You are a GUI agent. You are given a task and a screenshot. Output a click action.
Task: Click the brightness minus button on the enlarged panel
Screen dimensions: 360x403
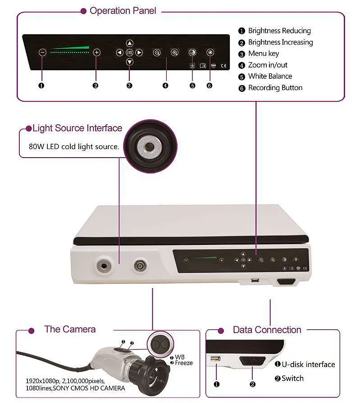(x=42, y=52)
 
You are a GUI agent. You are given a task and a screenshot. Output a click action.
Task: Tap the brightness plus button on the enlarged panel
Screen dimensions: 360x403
(x=96, y=52)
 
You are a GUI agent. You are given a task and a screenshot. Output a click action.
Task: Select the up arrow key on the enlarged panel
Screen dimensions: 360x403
(x=130, y=43)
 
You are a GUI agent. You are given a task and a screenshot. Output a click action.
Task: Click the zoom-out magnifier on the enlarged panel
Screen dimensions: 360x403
(x=157, y=53)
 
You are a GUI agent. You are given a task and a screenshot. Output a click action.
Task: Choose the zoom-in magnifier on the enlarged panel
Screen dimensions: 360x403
(x=175, y=53)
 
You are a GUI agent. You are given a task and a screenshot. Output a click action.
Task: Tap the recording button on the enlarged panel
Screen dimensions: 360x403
(x=210, y=52)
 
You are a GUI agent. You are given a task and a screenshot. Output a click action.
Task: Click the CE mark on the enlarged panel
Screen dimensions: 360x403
(x=224, y=66)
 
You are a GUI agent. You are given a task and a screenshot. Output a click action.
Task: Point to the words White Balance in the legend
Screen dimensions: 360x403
(x=270, y=77)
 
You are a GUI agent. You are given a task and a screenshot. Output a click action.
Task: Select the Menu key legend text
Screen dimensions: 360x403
(x=264, y=54)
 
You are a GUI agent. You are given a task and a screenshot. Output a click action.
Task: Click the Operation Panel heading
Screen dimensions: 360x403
(x=123, y=11)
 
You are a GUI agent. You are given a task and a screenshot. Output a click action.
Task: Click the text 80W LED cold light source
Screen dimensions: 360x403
(x=74, y=146)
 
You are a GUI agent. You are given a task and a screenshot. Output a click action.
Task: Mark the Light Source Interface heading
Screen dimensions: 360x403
(x=77, y=128)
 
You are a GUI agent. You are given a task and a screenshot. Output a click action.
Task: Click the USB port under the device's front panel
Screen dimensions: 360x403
(x=255, y=280)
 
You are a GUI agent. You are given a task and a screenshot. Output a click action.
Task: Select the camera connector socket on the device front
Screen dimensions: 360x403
(x=141, y=265)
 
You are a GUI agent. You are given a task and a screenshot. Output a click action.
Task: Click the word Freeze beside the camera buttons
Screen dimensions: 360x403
(x=184, y=363)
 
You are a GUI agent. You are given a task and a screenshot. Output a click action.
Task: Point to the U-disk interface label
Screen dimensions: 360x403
(x=308, y=364)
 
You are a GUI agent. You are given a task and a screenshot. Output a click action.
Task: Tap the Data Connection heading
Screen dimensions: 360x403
(x=267, y=330)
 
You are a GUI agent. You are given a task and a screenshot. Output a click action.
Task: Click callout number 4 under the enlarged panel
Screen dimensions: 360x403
(x=165, y=86)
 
